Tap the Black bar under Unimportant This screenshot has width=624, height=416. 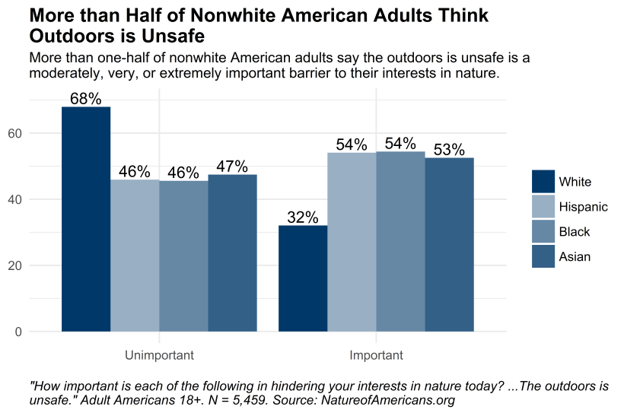tap(183, 256)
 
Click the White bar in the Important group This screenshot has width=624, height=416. tap(303, 278)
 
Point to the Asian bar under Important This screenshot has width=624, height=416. tap(449, 245)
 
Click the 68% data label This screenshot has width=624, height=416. tap(86, 99)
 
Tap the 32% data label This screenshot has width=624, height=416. tap(303, 218)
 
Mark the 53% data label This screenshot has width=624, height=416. tap(449, 150)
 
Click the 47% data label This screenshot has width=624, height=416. tap(232, 167)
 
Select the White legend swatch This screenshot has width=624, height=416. tap(543, 182)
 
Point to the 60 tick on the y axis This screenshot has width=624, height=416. tap(37, 133)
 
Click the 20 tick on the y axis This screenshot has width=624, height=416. tap(37, 265)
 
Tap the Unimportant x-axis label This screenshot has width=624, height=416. tap(159, 355)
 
